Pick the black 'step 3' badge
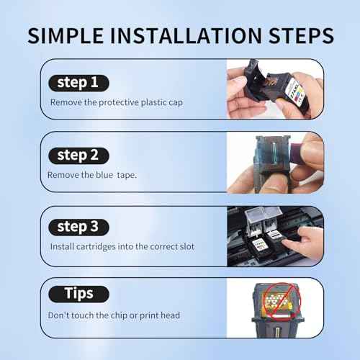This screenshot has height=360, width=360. coord(79,226)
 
